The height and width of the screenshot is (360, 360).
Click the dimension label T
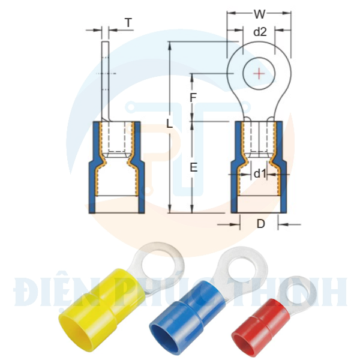click(128, 23)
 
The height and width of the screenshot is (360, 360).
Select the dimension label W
click(259, 14)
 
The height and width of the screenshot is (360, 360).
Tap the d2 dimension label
click(259, 32)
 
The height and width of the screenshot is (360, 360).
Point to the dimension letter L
click(170, 124)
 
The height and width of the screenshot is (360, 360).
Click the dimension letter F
click(193, 97)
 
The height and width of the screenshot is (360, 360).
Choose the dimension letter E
click(193, 168)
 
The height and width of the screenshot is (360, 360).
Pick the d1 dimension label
click(259, 174)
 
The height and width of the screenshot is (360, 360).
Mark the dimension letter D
click(260, 224)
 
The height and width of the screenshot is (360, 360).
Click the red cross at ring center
click(259, 73)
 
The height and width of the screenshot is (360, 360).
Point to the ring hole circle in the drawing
click(259, 73)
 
